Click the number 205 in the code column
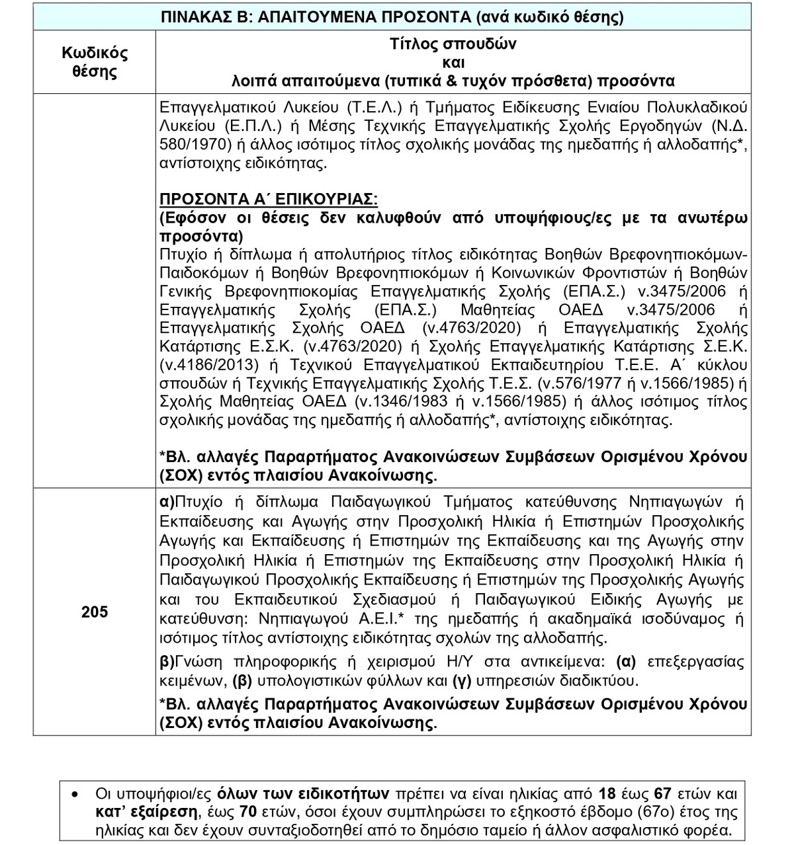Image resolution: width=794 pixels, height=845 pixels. click(95, 612)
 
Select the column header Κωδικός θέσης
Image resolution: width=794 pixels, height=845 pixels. click(95, 62)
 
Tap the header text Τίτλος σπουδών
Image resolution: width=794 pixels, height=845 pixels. click(453, 44)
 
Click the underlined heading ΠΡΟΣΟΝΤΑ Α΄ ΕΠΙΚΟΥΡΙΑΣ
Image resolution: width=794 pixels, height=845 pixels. click(269, 199)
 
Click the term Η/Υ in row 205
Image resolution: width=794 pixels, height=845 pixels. click(459, 662)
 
